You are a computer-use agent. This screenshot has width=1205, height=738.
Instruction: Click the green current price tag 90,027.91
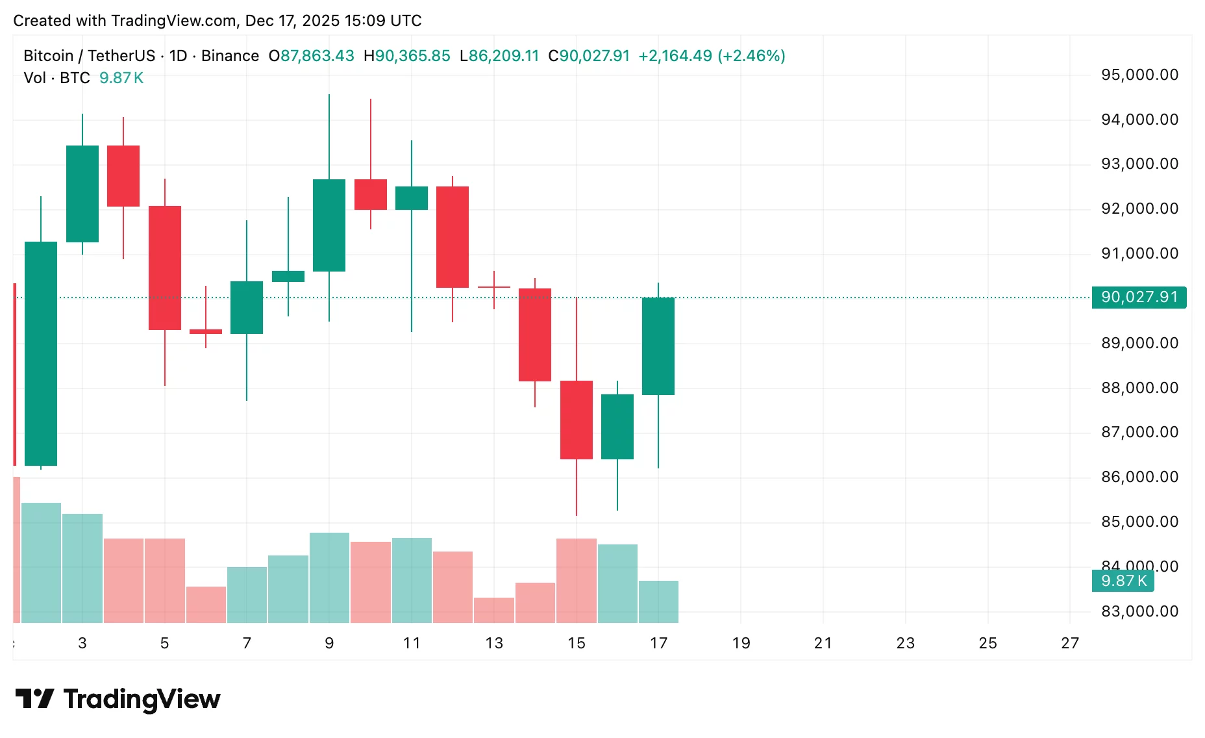(x=1139, y=298)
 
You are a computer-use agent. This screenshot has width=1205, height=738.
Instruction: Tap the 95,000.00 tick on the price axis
(x=1139, y=75)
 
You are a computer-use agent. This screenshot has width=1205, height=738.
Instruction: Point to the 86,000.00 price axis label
(x=1139, y=477)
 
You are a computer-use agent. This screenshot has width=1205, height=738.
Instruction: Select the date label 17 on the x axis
(x=658, y=643)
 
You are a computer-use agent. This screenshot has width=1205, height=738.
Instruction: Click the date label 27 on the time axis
(x=1070, y=643)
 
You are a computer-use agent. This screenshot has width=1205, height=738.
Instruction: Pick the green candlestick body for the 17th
(x=658, y=346)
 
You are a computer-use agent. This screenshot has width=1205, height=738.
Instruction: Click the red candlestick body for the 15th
(x=577, y=420)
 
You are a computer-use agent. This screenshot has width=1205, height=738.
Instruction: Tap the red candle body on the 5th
(x=165, y=268)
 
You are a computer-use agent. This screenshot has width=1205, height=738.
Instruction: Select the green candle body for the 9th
(x=329, y=225)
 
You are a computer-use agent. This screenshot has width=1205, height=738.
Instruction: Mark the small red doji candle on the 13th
(x=494, y=287)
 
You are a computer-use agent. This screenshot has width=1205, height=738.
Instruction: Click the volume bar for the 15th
(x=577, y=580)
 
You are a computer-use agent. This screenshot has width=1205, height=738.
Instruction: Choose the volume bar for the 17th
(x=658, y=602)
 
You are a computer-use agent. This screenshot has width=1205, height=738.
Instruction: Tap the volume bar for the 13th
(x=494, y=610)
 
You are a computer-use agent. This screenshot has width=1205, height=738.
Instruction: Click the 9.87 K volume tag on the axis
(x=1123, y=581)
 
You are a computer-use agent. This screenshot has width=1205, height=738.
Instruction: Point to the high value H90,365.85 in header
(x=407, y=56)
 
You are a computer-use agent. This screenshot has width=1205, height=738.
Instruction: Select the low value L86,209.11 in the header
(x=499, y=56)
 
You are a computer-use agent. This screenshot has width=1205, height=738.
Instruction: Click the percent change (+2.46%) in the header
(x=751, y=56)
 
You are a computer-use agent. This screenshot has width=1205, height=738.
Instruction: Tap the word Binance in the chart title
(x=230, y=56)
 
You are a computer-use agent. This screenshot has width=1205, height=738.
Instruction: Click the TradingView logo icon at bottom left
(x=34, y=699)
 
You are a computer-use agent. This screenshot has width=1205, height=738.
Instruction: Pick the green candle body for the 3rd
(x=82, y=194)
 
